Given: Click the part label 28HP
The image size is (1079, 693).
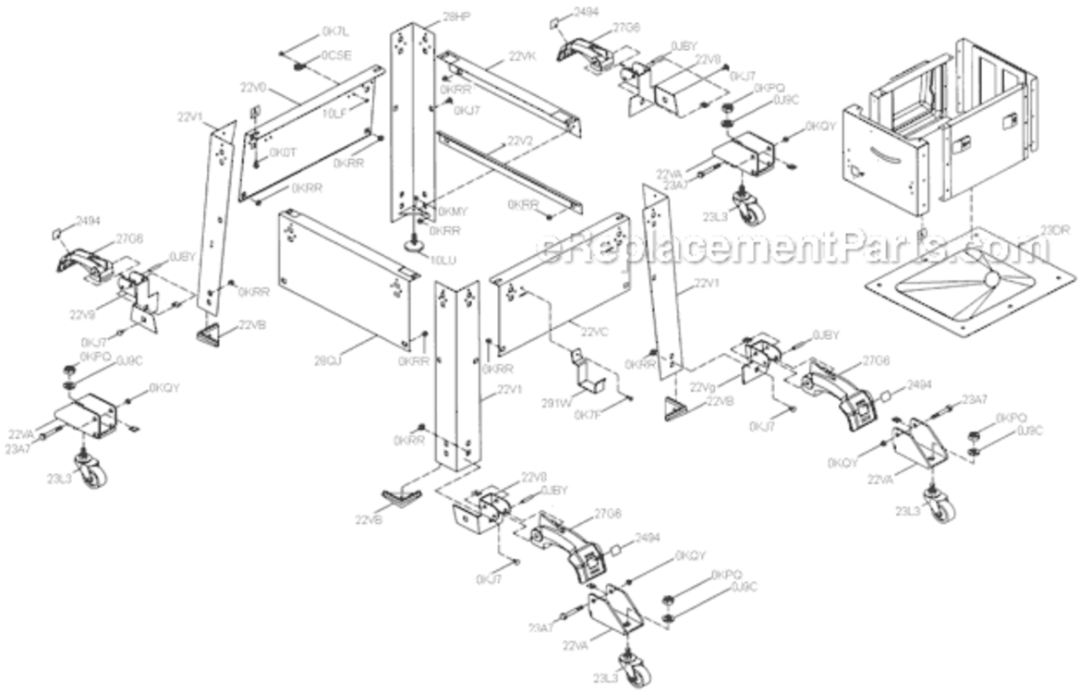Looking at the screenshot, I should [x=430, y=17].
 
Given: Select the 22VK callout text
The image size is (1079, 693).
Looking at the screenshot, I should [x=522, y=56].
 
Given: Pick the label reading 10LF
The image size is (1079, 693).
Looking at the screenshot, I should [x=333, y=113].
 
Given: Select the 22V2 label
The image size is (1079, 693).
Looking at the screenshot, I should [x=520, y=141].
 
